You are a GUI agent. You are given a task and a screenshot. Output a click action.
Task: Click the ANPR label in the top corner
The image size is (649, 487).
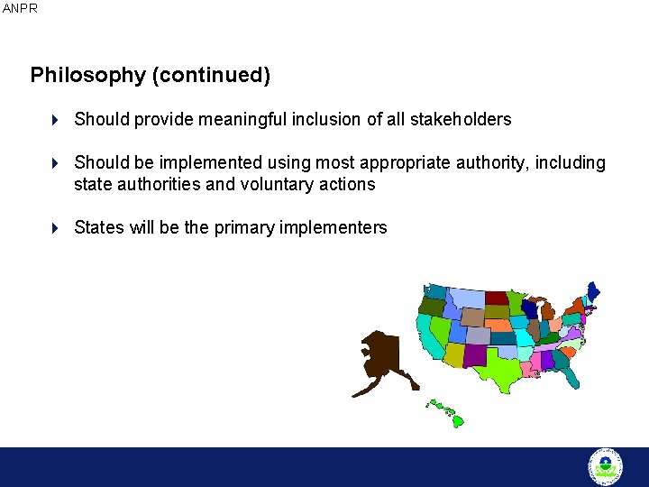coord(20,8)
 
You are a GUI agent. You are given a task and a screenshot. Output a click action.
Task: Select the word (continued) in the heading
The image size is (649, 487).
coord(212,75)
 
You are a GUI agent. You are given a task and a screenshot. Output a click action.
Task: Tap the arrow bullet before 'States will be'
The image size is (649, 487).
coord(54,227)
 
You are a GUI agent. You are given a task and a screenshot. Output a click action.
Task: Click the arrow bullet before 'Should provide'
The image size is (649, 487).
coord(54,119)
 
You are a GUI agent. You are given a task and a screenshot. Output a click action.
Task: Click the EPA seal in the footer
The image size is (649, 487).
coord(605,466)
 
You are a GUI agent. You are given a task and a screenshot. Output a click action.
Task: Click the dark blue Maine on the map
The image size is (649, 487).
coord(592,292)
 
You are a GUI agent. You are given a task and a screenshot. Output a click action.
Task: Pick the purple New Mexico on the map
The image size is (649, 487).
coord(474,354)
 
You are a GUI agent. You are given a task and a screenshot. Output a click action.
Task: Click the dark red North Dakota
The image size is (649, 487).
coord(497,298)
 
